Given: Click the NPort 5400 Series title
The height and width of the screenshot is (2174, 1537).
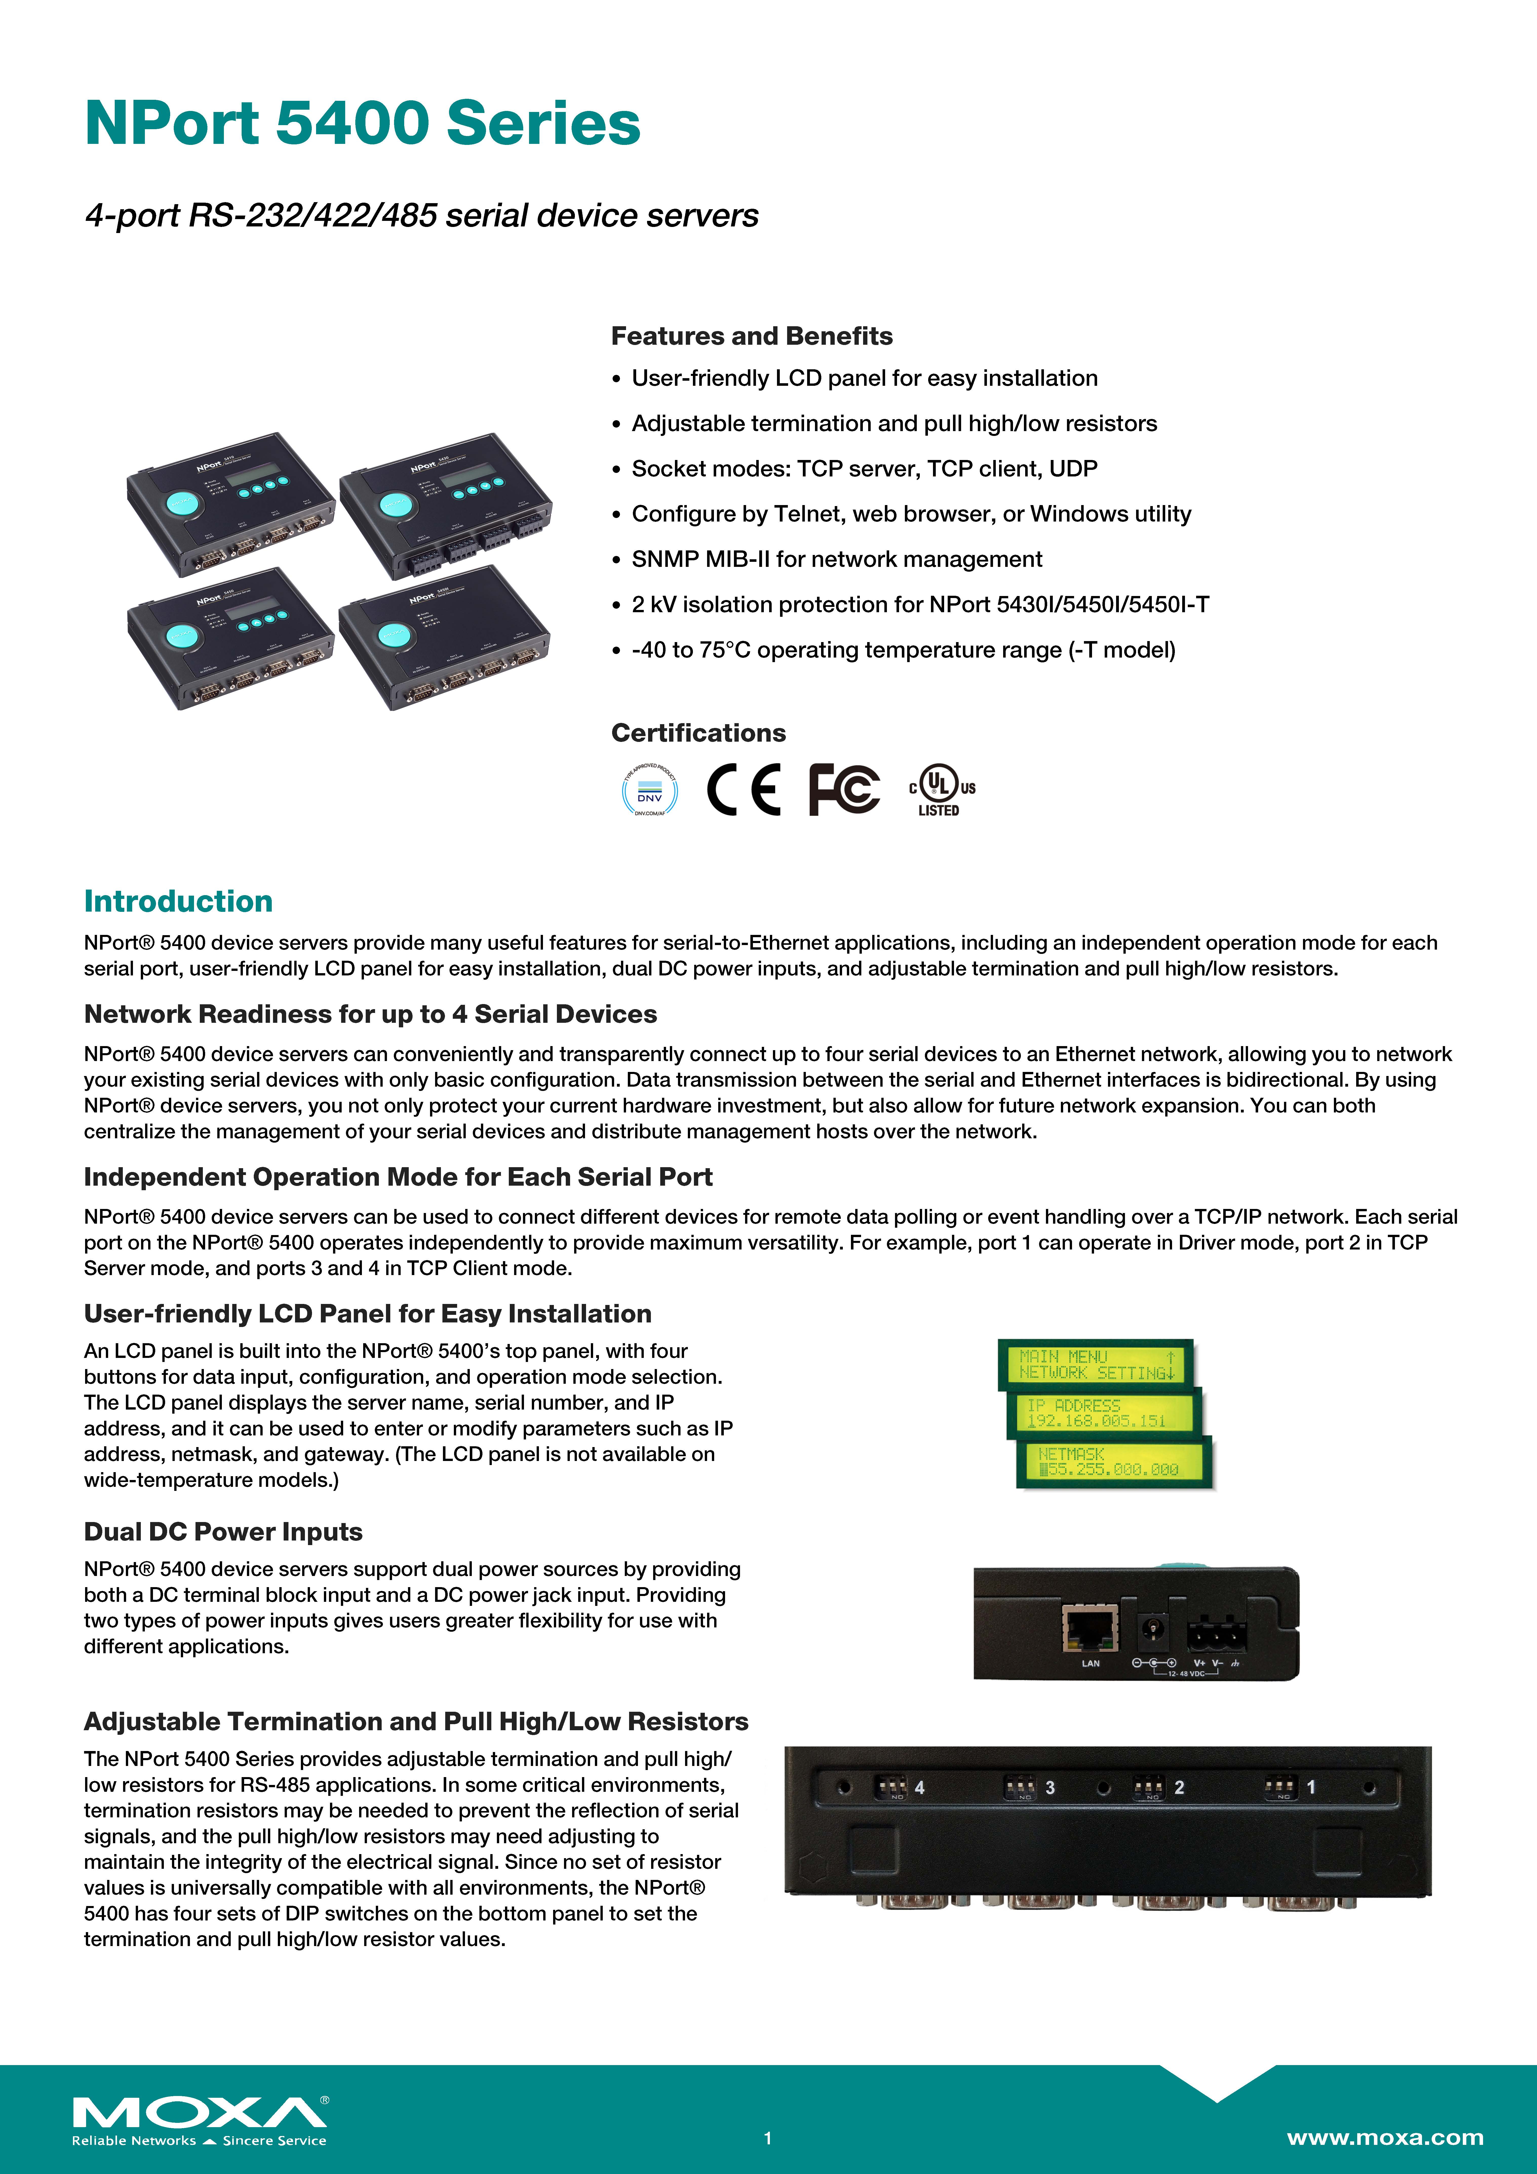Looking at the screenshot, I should click(x=363, y=124).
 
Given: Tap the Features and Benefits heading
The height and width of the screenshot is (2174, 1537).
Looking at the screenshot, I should click(x=751, y=336).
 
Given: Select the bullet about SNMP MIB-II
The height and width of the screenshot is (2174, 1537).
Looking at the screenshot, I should click(x=836, y=560).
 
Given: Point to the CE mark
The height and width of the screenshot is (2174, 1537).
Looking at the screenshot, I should click(x=744, y=789).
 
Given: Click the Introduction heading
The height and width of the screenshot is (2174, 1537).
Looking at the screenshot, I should click(x=178, y=901).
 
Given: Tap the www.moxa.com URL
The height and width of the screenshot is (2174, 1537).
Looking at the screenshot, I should click(x=1385, y=2137).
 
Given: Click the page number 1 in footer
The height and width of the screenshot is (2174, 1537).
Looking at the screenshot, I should click(x=768, y=2138).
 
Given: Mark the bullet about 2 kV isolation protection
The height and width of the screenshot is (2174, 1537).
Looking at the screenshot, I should click(x=920, y=605).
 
